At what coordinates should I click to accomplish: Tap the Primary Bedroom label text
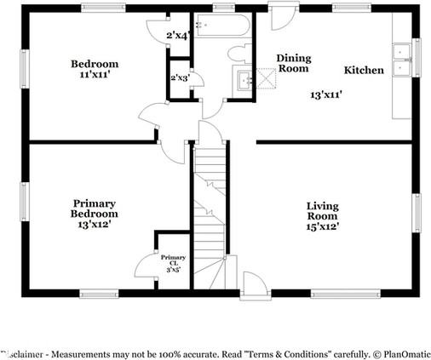(95, 214)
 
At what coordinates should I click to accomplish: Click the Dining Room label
(294, 63)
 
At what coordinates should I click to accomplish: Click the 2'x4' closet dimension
(177, 36)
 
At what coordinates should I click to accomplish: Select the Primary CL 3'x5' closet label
(173, 262)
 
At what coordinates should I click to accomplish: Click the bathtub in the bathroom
(221, 25)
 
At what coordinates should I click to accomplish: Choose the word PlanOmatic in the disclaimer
(399, 352)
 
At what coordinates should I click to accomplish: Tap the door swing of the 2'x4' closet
(153, 32)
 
